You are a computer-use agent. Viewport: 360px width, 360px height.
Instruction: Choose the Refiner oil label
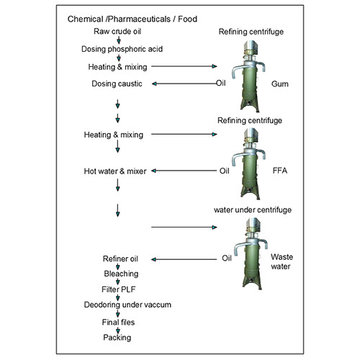coord(118,258)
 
